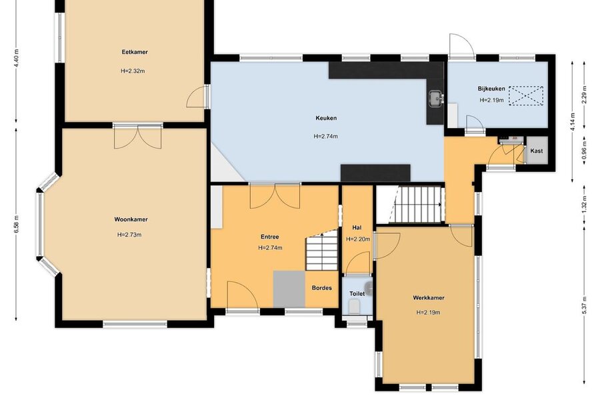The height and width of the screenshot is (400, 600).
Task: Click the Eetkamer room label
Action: click(x=135, y=52)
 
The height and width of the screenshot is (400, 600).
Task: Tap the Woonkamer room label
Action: click(x=131, y=219)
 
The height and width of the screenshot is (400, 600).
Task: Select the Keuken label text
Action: click(x=326, y=118)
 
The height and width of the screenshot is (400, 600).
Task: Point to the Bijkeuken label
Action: click(x=491, y=89)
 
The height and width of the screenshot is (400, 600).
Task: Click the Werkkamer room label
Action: click(x=429, y=297)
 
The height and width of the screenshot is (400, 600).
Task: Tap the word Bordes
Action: click(x=322, y=288)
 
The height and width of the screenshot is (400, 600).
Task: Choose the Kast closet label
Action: click(x=537, y=151)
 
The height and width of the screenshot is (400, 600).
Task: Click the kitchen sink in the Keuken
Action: click(x=435, y=98)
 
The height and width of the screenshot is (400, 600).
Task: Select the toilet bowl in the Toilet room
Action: click(x=355, y=306)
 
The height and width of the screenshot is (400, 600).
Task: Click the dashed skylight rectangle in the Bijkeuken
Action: click(x=526, y=96)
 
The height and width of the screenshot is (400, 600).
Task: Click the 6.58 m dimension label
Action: click(x=16, y=224)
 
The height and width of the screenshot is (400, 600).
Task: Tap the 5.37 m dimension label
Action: click(x=584, y=305)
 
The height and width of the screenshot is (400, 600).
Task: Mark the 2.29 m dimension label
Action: click(x=584, y=94)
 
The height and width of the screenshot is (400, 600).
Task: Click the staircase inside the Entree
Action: click(x=322, y=251)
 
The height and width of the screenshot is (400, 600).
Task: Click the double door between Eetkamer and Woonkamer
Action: click(x=138, y=137)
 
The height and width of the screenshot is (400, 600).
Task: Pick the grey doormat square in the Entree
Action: click(x=289, y=289)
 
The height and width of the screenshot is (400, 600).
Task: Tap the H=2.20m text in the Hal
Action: click(x=358, y=239)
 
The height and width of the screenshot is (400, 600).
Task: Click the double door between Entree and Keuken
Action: click(x=275, y=196)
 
